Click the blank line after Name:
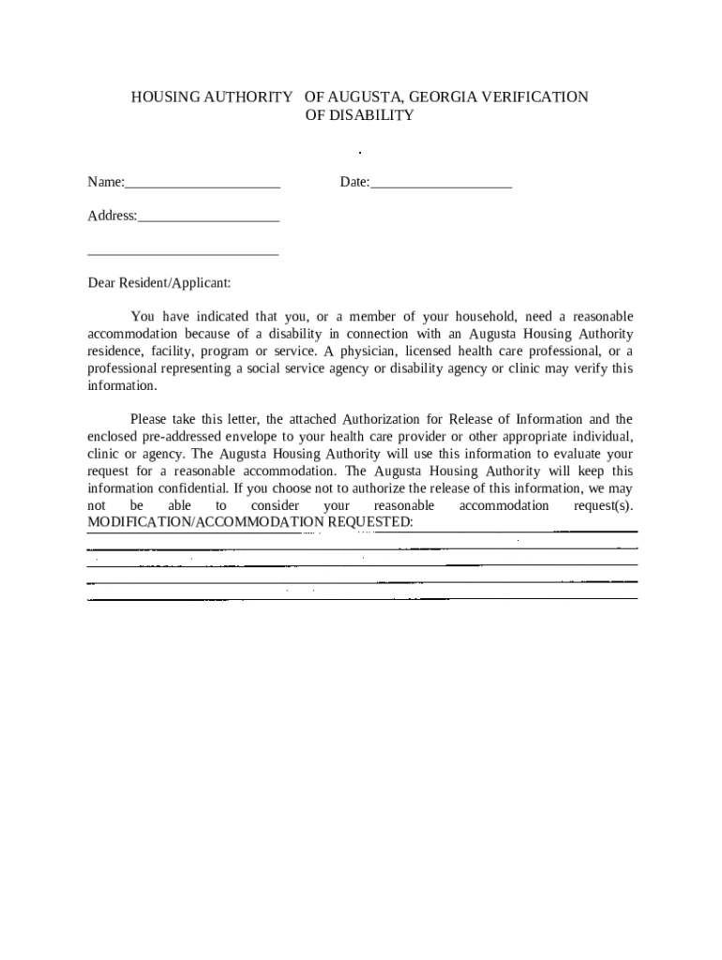[203, 183]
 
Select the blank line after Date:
[441, 183]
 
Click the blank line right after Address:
[208, 217]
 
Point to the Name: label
[106, 182]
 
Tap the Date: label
[354, 182]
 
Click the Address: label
[112, 216]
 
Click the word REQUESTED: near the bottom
[369, 521]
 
